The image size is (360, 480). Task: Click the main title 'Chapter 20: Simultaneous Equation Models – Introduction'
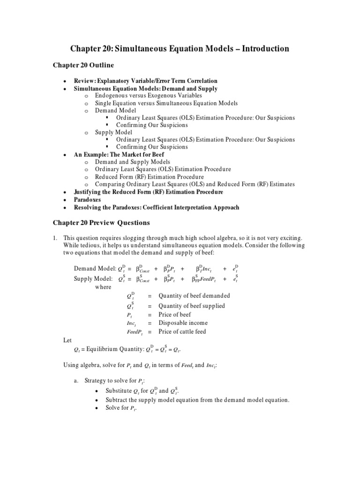click(x=180, y=49)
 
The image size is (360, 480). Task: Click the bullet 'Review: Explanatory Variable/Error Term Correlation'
click(x=146, y=81)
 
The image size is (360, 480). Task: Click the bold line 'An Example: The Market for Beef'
click(x=120, y=154)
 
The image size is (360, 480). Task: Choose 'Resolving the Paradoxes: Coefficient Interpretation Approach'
click(x=157, y=207)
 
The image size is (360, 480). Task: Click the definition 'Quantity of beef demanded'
click(x=195, y=296)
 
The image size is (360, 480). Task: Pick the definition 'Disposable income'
click(x=183, y=323)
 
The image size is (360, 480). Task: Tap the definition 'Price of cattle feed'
click(x=182, y=332)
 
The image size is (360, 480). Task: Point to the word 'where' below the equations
click(x=103, y=287)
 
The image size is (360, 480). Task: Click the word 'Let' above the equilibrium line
click(x=68, y=340)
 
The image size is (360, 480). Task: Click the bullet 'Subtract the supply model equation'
click(x=197, y=400)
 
